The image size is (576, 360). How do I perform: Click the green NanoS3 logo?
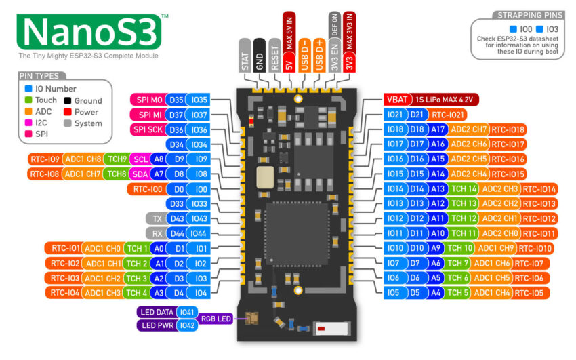[89, 32]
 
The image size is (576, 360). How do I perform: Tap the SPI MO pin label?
[148, 100]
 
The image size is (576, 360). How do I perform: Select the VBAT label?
[397, 100]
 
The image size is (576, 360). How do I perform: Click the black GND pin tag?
[260, 55]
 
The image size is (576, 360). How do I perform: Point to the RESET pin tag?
[274, 55]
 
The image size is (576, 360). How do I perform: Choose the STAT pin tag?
[245, 55]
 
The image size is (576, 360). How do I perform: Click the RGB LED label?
[215, 319]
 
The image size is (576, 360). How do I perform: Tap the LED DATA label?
[157, 313]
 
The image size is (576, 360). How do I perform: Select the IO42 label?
[187, 325]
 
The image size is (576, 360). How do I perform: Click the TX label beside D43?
[157, 218]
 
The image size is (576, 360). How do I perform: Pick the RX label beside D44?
[157, 233]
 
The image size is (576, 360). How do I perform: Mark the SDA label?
[140, 174]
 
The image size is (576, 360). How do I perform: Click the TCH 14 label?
[464, 189]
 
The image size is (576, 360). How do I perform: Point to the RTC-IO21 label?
[448, 115]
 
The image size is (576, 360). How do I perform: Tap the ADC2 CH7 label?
[468, 129]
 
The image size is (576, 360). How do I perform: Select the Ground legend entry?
[83, 100]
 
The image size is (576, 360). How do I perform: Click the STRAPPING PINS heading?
[530, 15]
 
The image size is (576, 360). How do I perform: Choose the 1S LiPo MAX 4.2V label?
[445, 100]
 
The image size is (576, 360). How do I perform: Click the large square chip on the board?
[297, 234]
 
